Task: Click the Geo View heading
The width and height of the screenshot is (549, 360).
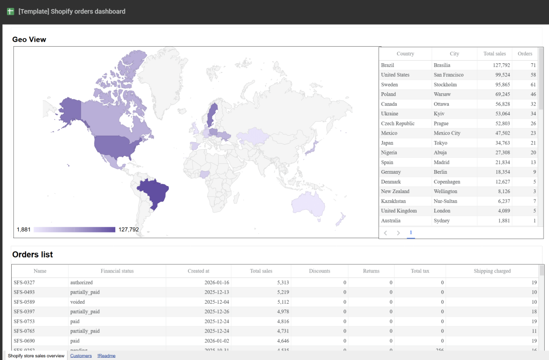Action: pos(29,39)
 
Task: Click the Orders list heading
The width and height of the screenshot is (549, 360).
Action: pos(32,254)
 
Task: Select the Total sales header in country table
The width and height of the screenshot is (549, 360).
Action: pos(494,54)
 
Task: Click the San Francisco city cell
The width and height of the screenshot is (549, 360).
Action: pos(449,75)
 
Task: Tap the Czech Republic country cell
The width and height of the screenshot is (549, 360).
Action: pos(397,123)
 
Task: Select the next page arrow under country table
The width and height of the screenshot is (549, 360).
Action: pos(398,233)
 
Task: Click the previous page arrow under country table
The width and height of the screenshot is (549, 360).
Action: pos(385,233)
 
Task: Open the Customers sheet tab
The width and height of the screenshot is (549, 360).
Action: pos(81,356)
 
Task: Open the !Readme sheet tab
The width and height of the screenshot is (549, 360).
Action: pos(106,356)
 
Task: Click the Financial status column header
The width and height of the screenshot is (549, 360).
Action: pos(117,271)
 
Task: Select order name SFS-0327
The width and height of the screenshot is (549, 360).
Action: pos(25,282)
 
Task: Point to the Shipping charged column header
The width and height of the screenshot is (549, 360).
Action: pos(492,271)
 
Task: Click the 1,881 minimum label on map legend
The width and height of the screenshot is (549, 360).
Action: pos(24,230)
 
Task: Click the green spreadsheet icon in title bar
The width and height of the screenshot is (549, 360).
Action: pos(10,11)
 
